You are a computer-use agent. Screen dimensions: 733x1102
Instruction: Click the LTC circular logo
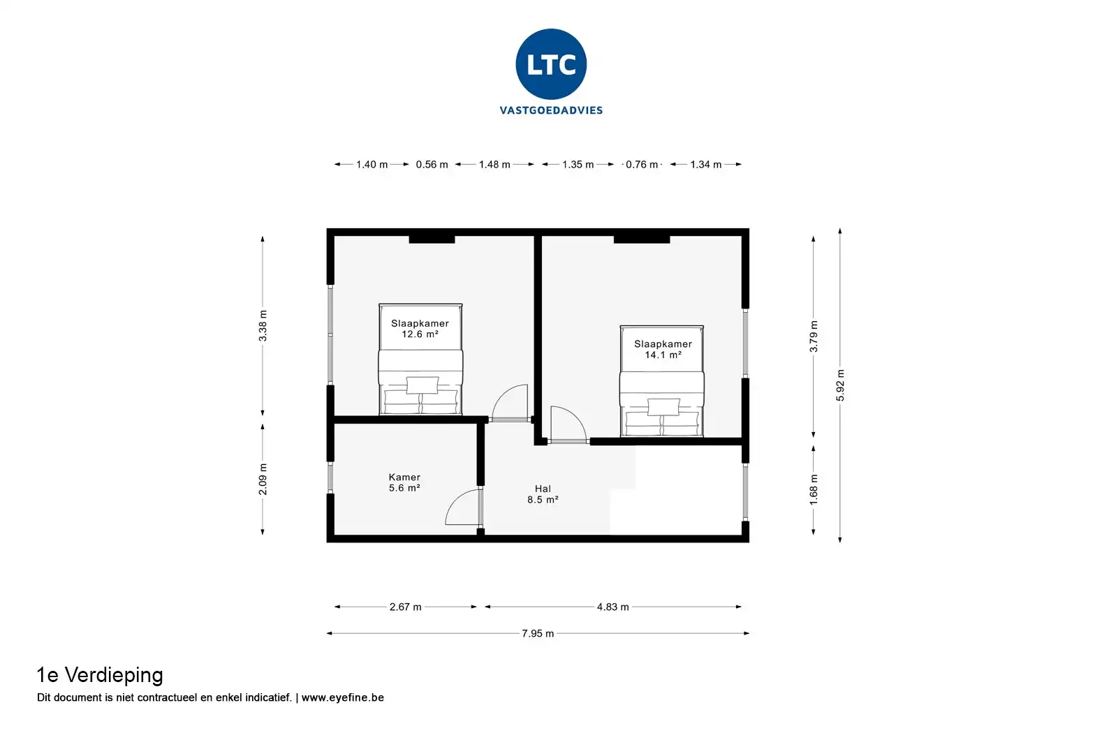click(x=551, y=64)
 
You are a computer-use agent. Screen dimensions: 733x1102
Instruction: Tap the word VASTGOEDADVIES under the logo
click(x=551, y=110)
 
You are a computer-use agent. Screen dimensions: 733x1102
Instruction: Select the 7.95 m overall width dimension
click(x=537, y=634)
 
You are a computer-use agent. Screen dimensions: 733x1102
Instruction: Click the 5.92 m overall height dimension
click(x=841, y=385)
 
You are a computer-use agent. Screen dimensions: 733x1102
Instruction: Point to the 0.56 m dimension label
click(x=432, y=165)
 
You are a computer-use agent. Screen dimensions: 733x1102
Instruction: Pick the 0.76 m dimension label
click(x=642, y=165)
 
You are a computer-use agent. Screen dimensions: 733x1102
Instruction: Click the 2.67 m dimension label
click(x=405, y=607)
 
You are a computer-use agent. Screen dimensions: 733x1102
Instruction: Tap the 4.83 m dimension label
click(x=612, y=607)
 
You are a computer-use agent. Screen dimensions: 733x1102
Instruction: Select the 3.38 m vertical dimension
click(x=263, y=326)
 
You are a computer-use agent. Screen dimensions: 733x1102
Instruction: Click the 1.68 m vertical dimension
click(x=814, y=489)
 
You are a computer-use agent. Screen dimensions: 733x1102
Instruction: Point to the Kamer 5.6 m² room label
click(x=404, y=482)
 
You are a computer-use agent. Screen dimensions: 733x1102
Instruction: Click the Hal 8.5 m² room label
click(x=543, y=494)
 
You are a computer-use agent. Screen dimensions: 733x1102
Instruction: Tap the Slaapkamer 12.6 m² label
click(x=420, y=329)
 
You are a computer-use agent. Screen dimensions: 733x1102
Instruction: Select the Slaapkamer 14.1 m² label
click(x=663, y=349)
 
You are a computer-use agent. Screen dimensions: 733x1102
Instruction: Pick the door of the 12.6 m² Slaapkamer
click(x=510, y=403)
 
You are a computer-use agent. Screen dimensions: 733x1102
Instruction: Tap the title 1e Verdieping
click(x=100, y=675)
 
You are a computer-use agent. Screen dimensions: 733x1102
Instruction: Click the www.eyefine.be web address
click(x=342, y=697)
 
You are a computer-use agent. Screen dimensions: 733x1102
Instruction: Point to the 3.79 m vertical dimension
click(x=814, y=336)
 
